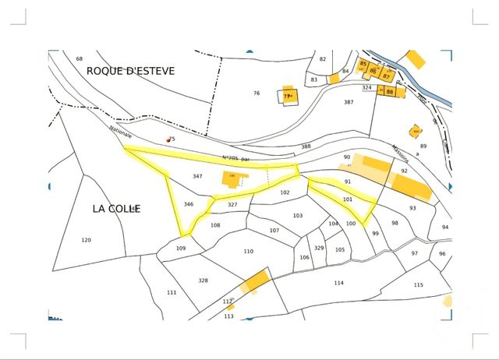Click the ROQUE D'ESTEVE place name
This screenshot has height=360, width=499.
(131, 71)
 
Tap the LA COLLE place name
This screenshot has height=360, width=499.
(116, 209)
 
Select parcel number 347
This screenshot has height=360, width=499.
(197, 177)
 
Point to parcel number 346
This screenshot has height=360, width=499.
(188, 204)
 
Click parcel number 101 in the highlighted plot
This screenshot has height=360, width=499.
(348, 199)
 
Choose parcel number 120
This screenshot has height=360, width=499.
(86, 240)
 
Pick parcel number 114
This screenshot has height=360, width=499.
(338, 283)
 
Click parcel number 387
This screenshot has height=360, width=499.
(349, 102)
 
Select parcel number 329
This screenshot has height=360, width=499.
(319, 248)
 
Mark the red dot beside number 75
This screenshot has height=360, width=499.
(168, 139)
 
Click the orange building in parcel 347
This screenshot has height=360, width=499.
(232, 179)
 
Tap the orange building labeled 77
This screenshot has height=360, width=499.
(288, 96)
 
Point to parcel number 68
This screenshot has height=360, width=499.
(79, 59)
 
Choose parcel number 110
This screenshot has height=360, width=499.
(248, 252)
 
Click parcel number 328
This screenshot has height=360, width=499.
(203, 281)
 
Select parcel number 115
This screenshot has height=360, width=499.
(419, 285)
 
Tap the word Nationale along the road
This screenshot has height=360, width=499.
(121, 136)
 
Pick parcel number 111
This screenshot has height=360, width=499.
(172, 293)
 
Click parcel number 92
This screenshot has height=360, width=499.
(404, 170)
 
